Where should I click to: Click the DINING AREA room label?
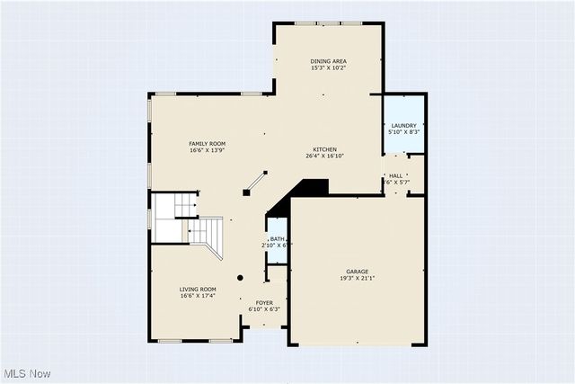(x=329, y=60)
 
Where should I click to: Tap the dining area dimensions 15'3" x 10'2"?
(x=329, y=67)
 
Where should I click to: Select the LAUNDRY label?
(x=403, y=125)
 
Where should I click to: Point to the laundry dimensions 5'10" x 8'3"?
(x=403, y=132)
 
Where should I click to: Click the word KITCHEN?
(x=324, y=148)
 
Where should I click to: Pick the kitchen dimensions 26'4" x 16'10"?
(x=324, y=156)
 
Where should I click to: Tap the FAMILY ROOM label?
(x=207, y=143)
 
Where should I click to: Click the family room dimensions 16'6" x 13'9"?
(x=207, y=150)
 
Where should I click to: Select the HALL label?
(x=396, y=175)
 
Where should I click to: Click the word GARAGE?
(x=358, y=271)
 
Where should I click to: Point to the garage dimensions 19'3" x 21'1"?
(x=358, y=278)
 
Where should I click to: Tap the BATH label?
(x=277, y=238)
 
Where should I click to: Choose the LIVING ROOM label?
(x=198, y=289)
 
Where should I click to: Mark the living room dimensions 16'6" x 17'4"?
(x=198, y=296)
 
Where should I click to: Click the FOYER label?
(x=264, y=302)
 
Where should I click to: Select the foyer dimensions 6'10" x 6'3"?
(x=264, y=309)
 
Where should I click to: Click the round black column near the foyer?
(x=240, y=278)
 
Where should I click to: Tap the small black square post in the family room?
(x=246, y=192)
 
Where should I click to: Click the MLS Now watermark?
(x=27, y=373)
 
